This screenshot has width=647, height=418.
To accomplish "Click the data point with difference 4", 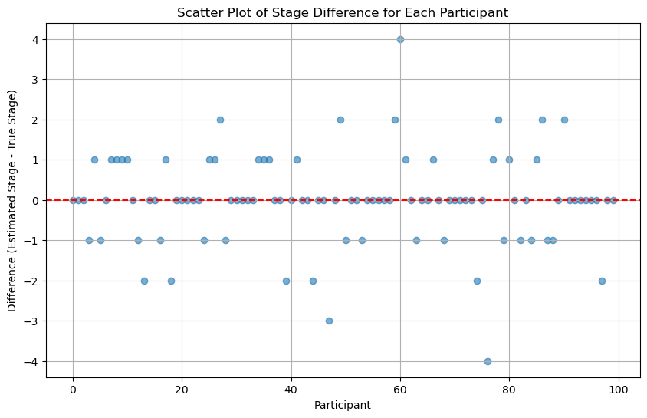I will pyautogui.click(x=400, y=39).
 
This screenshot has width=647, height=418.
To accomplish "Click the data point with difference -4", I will pyautogui.click(x=488, y=361).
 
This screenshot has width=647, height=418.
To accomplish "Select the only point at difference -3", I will pyautogui.click(x=329, y=321).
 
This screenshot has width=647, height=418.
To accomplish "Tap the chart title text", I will pyautogui.click(x=343, y=13).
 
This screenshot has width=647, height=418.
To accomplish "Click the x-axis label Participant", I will pyautogui.click(x=343, y=405).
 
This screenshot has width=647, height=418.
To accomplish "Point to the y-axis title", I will pyautogui.click(x=13, y=200).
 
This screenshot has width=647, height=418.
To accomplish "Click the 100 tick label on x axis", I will pyautogui.click(x=619, y=389).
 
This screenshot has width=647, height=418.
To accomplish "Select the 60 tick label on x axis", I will pyautogui.click(x=400, y=389).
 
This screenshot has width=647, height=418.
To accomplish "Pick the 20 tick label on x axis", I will pyautogui.click(x=182, y=389).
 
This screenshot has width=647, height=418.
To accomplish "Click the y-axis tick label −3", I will pyautogui.click(x=32, y=321).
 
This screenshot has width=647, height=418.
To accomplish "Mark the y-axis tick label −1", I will pyautogui.click(x=32, y=240).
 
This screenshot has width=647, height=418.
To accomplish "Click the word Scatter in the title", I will pyautogui.click(x=197, y=13).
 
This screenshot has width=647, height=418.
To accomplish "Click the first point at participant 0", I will pyautogui.click(x=73, y=200).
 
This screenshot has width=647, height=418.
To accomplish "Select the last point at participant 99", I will pyautogui.click(x=613, y=200).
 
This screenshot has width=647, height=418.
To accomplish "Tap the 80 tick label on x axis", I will pyautogui.click(x=509, y=389).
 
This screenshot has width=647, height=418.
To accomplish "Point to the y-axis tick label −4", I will pyautogui.click(x=32, y=361).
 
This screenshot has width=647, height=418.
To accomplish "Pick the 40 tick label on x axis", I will pyautogui.click(x=291, y=389).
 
